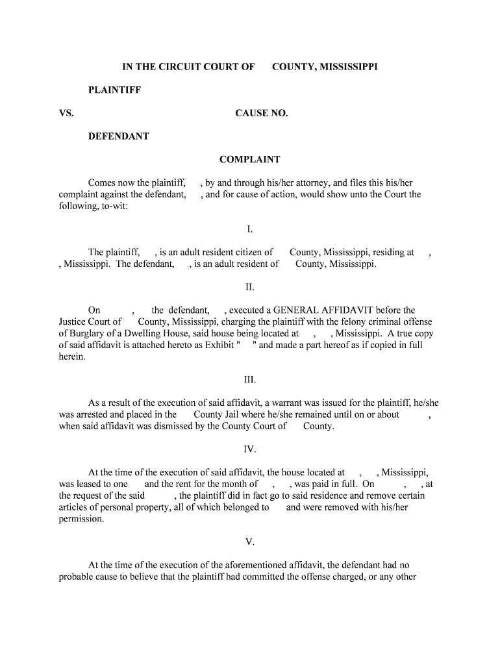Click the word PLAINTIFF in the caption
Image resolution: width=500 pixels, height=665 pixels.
(x=115, y=90)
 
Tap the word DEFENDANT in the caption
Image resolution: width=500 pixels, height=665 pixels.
(x=119, y=136)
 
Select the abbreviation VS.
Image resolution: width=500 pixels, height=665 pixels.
(x=66, y=113)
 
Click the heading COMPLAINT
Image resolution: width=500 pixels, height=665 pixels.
(x=249, y=160)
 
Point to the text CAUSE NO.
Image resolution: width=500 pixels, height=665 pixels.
(x=262, y=113)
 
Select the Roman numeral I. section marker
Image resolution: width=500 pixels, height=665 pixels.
(x=250, y=229)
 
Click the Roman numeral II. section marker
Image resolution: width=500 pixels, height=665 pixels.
(x=250, y=287)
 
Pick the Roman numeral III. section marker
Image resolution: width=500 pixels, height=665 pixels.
(x=250, y=380)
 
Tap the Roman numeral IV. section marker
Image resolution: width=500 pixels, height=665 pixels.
(x=250, y=449)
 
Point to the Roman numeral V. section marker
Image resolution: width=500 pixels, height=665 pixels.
(x=250, y=542)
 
